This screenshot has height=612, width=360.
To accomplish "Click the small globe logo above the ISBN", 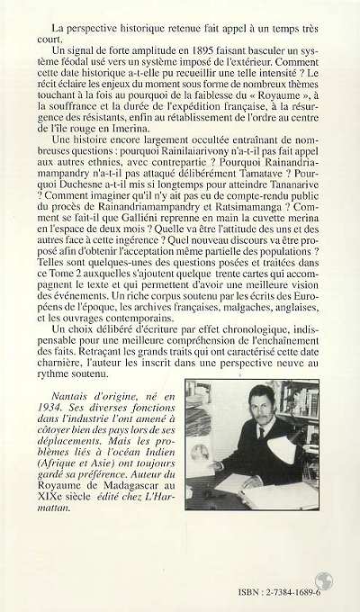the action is [325, 580].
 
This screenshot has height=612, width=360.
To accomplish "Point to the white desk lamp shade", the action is [284, 449].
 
